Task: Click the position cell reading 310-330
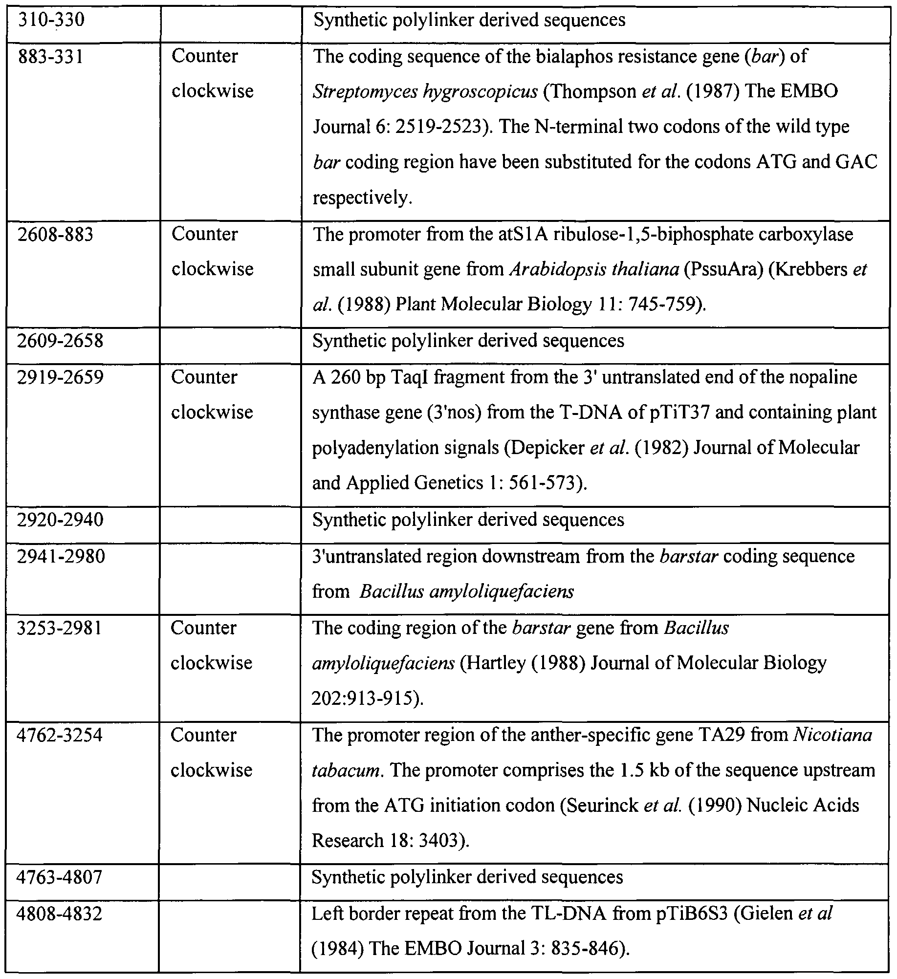coord(51,20)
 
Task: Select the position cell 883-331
coord(51,57)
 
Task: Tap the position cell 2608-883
coord(55,235)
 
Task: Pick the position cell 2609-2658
coord(60,341)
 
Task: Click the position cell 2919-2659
coord(60,377)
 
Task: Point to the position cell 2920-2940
coord(60,520)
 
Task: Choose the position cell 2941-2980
coord(61,556)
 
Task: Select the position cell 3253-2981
coord(60,628)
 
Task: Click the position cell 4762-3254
coord(60,735)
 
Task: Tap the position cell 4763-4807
coord(59,877)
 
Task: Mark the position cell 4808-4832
coord(59,914)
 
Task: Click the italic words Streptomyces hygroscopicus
coord(425,92)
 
